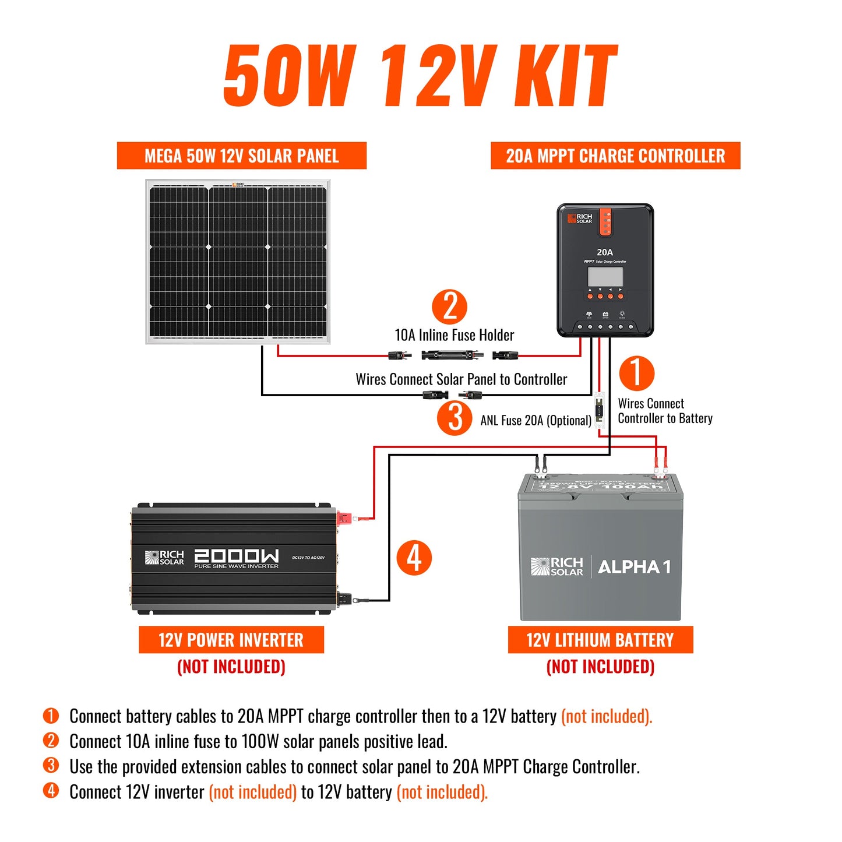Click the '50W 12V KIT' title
tap(420, 76)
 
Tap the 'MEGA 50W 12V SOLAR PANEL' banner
tap(241, 156)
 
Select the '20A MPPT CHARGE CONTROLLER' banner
tap(615, 156)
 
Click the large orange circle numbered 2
tap(449, 307)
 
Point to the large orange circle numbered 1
tap(636, 373)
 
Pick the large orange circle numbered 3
tap(455, 417)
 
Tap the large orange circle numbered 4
tap(414, 558)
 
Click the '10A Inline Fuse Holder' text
tap(455, 335)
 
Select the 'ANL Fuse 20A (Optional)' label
tap(536, 420)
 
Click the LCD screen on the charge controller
tap(605, 276)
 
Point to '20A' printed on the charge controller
tap(605, 252)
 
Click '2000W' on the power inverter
tap(236, 556)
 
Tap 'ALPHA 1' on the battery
tap(634, 566)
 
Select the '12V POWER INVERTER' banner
tap(231, 640)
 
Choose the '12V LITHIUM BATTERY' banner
tap(600, 640)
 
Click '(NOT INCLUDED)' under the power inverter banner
tap(231, 666)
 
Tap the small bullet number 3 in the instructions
tap(51, 765)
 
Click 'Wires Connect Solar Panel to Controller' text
tap(461, 379)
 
